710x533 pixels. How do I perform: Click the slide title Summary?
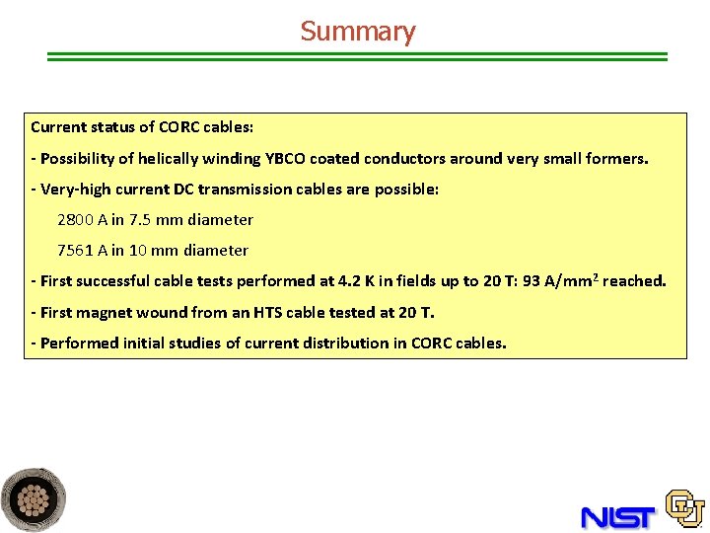coord(358,32)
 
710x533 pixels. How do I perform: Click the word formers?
coord(617,158)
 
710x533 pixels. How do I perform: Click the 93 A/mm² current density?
coord(559,281)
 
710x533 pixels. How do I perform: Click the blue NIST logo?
coord(617,515)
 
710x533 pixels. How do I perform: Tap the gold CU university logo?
coord(684,507)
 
